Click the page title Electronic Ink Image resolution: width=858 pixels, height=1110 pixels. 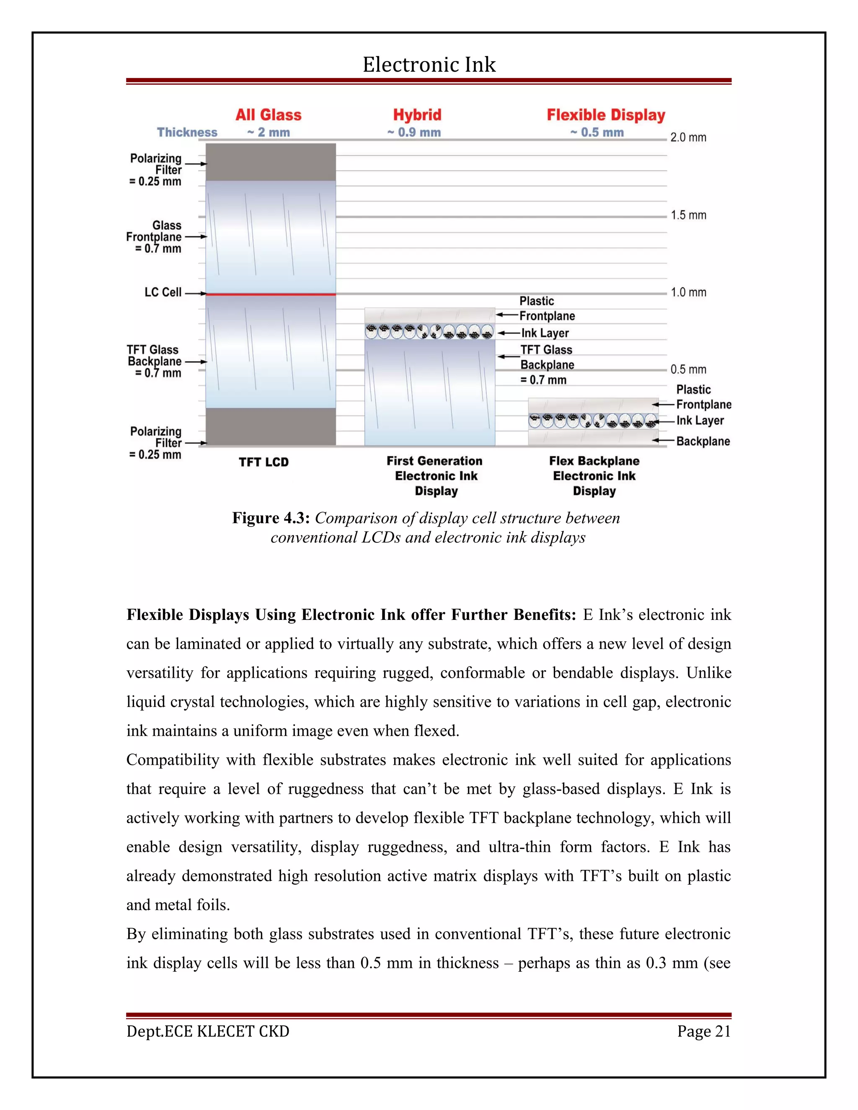point(429,65)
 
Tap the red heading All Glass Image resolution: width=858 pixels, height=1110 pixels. point(269,115)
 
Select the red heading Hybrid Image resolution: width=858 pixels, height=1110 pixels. point(417,115)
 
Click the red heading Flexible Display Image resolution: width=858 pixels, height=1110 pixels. point(606,115)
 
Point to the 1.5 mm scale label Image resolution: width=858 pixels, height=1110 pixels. point(688,215)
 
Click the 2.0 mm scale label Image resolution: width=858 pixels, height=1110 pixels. point(688,137)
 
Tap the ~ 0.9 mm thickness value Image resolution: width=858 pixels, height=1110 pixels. point(414,133)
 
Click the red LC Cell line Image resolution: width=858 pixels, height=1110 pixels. point(270,294)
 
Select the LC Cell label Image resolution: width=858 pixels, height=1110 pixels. point(163,292)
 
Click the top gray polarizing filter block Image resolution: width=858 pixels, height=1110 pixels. point(270,162)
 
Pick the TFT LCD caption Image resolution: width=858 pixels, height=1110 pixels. point(264,462)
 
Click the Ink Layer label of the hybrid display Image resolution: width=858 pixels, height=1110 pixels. point(545,333)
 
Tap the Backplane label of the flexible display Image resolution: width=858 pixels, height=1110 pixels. point(703,441)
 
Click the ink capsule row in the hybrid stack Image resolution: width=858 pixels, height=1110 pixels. point(429,332)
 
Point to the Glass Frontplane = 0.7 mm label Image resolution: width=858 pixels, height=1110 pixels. point(155,237)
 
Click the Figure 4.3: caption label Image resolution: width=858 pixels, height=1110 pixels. point(271,518)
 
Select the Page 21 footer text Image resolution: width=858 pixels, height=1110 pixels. point(704,1031)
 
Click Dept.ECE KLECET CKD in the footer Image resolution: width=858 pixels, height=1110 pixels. point(208,1031)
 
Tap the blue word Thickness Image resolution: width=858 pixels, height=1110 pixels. point(187,133)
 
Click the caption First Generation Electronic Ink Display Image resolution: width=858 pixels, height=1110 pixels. point(436,476)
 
